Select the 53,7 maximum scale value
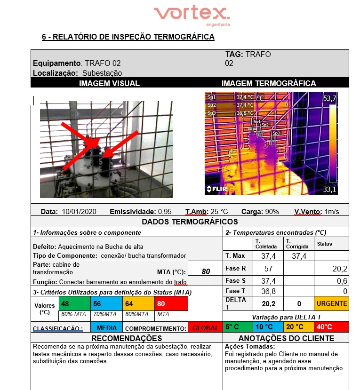(x=329, y=98)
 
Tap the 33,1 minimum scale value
(x=329, y=190)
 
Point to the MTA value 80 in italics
(x=206, y=271)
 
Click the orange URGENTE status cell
(x=332, y=303)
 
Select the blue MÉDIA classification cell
(x=107, y=327)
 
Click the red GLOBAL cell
(x=205, y=328)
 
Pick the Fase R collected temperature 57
(x=268, y=269)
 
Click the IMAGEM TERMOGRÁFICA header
(x=268, y=83)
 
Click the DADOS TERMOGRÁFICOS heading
(x=190, y=222)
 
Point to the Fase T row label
(x=236, y=291)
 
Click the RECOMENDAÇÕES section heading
(x=126, y=338)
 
